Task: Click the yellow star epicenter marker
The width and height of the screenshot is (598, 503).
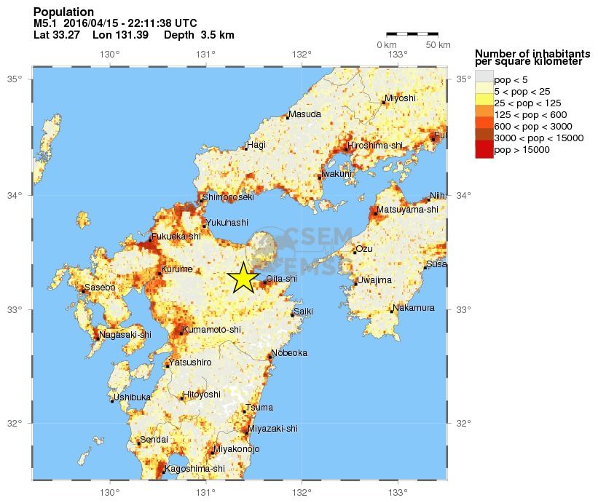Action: (x=243, y=277)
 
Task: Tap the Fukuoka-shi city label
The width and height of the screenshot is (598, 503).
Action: (x=177, y=237)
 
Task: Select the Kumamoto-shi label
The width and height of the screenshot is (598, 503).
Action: (x=212, y=330)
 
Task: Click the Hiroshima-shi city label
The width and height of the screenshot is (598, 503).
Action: (x=376, y=146)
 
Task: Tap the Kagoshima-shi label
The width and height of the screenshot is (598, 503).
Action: (x=195, y=468)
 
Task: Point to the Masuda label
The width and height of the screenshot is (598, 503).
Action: (x=304, y=115)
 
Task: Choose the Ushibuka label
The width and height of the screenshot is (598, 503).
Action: (x=133, y=397)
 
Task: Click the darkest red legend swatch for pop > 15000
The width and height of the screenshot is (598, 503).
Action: (x=484, y=150)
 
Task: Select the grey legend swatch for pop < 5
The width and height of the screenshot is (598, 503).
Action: (x=484, y=79)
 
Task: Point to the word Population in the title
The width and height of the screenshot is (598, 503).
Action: (x=63, y=12)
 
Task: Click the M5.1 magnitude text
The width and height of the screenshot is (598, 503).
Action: (x=46, y=24)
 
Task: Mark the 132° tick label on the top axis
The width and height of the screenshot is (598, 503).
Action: (x=302, y=54)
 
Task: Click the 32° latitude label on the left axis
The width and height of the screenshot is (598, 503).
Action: (x=15, y=424)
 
